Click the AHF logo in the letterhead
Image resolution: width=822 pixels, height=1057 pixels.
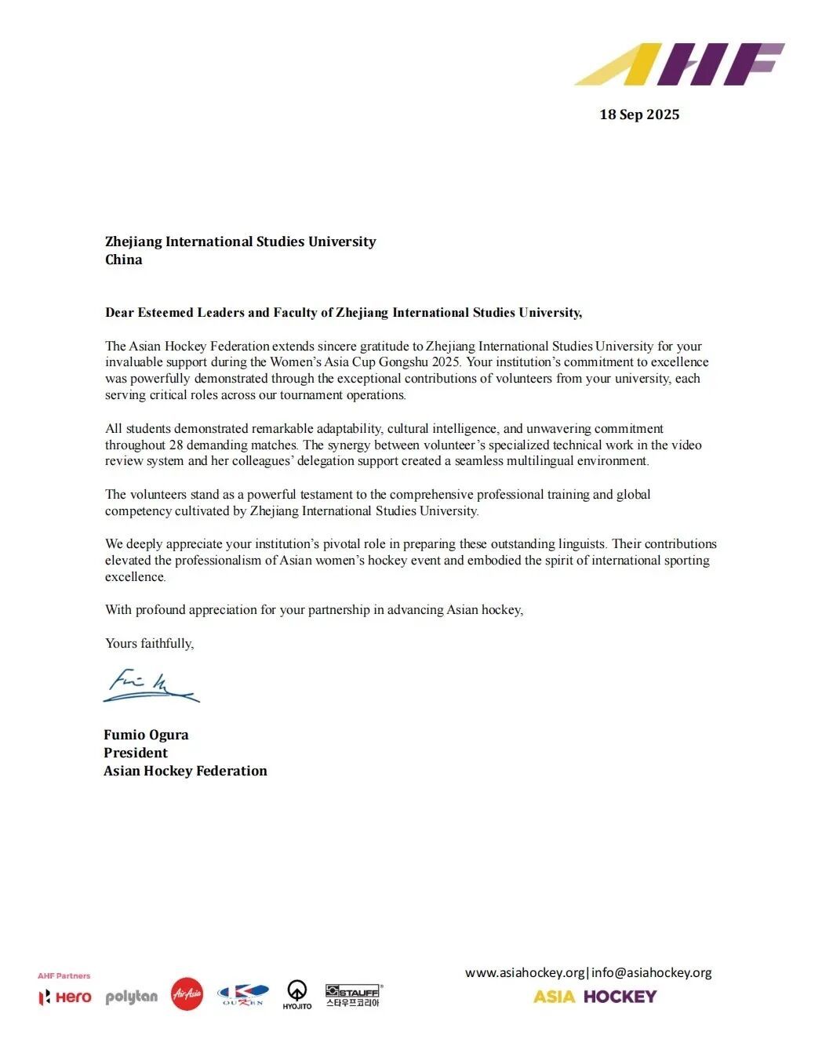point(679,64)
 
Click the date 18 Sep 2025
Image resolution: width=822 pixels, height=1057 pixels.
point(639,114)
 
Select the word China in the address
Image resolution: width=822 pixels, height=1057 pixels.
point(124,260)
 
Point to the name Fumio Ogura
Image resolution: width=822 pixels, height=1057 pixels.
point(146,735)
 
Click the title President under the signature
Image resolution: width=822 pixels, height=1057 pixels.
point(136,753)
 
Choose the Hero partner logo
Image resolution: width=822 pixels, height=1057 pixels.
point(65,997)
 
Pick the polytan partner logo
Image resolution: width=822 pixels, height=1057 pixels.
point(131,997)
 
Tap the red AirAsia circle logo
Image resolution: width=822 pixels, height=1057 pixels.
point(187,994)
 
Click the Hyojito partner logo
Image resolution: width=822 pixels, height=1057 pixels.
point(297,994)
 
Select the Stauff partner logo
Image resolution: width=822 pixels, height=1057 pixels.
point(353,996)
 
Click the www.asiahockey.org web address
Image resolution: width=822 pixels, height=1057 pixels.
point(525,972)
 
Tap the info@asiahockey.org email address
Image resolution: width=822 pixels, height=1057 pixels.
point(652,972)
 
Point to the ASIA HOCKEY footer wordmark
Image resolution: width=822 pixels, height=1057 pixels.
point(595,997)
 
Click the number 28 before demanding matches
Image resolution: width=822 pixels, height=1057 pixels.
point(176,445)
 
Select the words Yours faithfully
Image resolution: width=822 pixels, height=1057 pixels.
point(149,643)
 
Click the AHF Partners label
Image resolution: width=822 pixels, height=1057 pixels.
point(64,975)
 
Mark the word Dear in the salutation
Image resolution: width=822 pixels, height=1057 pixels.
point(119,312)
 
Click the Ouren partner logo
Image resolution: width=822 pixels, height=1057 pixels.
point(243,995)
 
